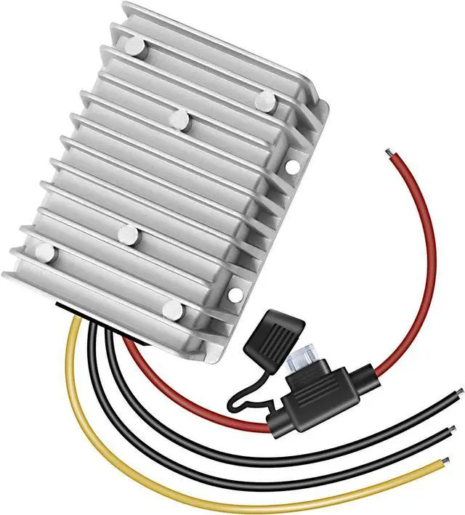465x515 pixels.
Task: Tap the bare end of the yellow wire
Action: pyautogui.click(x=440, y=461)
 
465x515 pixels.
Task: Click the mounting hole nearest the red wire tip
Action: pyautogui.click(x=291, y=166)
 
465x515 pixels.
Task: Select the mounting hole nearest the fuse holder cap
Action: pyautogui.click(x=235, y=294)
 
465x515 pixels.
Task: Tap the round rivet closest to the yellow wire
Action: pyautogui.click(x=45, y=253)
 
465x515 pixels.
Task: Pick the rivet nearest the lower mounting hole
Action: pyautogui.click(x=173, y=311)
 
